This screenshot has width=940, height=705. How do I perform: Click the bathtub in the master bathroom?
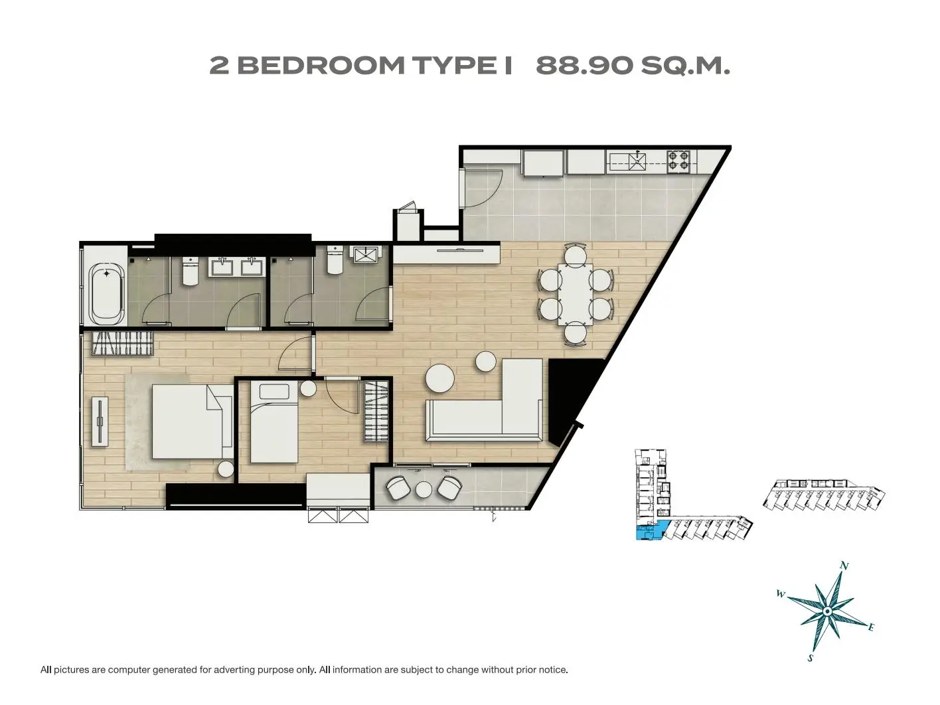pyautogui.click(x=106, y=295)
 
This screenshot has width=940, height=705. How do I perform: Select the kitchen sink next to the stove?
pyautogui.click(x=637, y=161)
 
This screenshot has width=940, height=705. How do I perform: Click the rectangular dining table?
pyautogui.click(x=575, y=294)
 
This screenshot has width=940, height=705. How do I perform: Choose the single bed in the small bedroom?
pyautogui.click(x=274, y=422)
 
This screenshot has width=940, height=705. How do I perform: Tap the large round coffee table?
pyautogui.click(x=440, y=378)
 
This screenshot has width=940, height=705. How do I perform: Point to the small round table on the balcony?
pyautogui.click(x=424, y=489)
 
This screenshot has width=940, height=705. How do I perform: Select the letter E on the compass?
pyautogui.click(x=870, y=628)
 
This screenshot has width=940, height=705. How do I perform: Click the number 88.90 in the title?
pyautogui.click(x=584, y=66)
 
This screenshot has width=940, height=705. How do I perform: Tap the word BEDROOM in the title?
pyautogui.click(x=321, y=66)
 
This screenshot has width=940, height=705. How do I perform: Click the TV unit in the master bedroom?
pyautogui.click(x=100, y=422)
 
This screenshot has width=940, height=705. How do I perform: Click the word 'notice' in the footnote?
pyautogui.click(x=554, y=670)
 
